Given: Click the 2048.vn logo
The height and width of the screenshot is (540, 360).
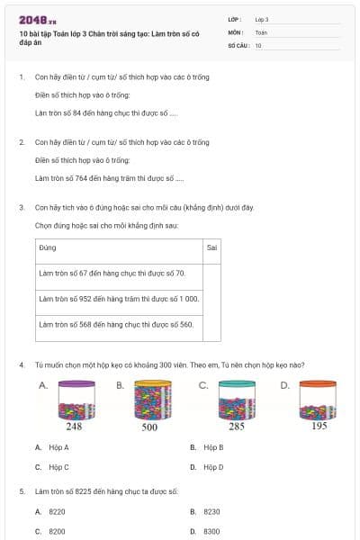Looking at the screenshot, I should (37, 19).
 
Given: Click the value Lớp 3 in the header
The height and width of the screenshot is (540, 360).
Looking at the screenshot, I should (262, 19).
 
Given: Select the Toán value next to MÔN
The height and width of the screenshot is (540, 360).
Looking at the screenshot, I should (261, 31).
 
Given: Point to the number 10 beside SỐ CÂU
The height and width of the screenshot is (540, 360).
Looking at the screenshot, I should (258, 44).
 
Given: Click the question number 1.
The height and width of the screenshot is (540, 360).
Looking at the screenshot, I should (21, 77).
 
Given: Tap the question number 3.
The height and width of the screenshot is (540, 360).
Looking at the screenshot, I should (21, 207).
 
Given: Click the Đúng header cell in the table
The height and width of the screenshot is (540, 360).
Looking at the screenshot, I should (49, 247).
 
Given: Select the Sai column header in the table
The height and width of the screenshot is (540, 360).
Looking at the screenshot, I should (211, 247).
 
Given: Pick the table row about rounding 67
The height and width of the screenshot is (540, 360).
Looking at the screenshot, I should (112, 273).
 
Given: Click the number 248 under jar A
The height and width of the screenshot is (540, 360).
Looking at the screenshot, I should (74, 427).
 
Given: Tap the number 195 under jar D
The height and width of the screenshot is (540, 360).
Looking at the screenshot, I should (319, 427).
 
